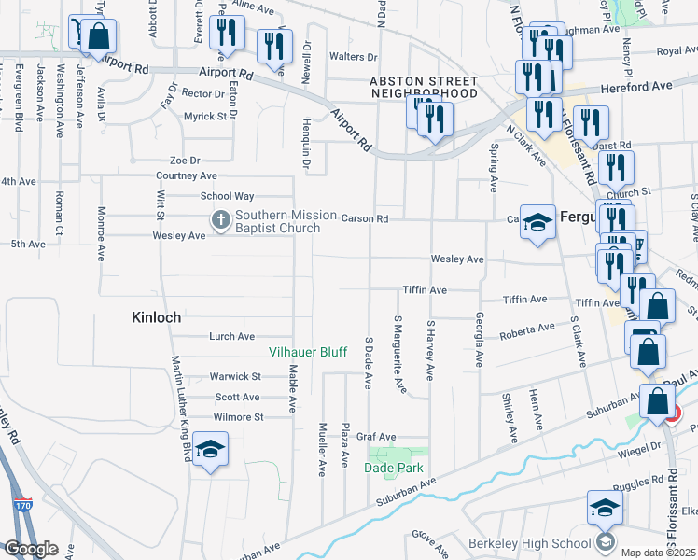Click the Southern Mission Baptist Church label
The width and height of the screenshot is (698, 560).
coord(286,222)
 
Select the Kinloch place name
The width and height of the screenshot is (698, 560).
coord(156,317)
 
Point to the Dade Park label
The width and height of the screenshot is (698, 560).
coord(395,469)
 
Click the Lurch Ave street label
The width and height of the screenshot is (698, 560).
coord(232,336)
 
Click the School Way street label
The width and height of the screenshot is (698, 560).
coord(227,196)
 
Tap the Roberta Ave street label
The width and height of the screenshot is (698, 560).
coord(521,330)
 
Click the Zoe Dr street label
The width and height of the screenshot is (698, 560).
coord(185,161)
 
